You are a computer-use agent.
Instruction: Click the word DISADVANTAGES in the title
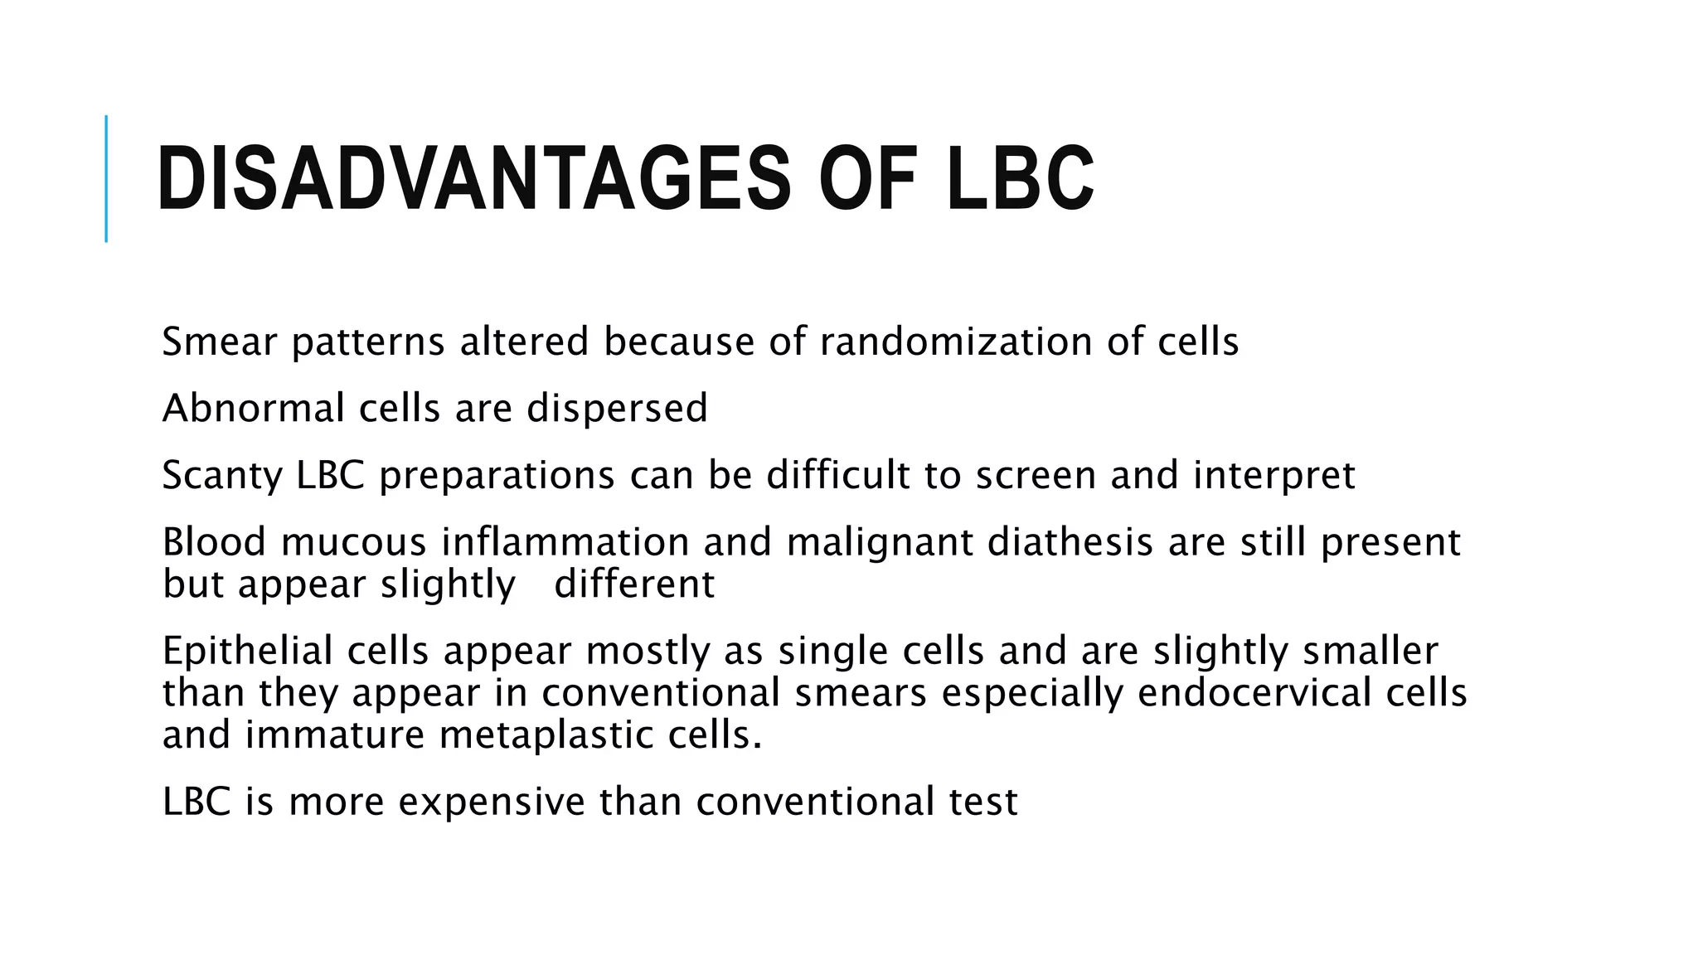click(x=473, y=179)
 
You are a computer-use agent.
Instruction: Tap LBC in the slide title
click(x=1020, y=179)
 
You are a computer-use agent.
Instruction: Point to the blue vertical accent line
click(x=106, y=178)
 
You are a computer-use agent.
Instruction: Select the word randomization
click(x=956, y=342)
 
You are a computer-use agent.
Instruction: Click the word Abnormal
click(x=253, y=408)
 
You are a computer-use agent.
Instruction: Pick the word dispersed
click(x=617, y=408)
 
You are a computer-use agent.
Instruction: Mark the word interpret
click(x=1273, y=475)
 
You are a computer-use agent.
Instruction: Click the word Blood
click(x=214, y=542)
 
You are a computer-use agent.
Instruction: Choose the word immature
click(x=334, y=735)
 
